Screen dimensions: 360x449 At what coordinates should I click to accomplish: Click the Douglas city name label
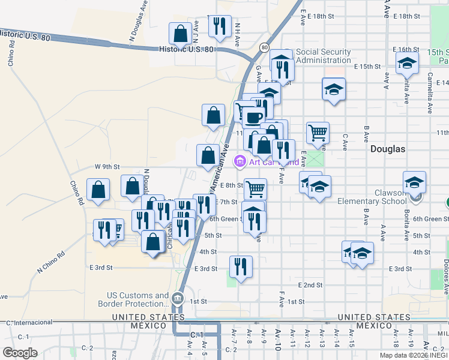click(x=387, y=149)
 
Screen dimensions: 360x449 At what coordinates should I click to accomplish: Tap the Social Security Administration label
click(x=323, y=56)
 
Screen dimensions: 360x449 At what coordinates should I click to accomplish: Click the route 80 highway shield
click(x=264, y=46)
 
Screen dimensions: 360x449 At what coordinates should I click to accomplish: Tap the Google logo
click(x=20, y=353)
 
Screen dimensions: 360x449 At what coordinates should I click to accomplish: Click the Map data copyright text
click(x=414, y=355)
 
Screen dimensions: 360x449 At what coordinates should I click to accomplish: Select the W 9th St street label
click(x=107, y=166)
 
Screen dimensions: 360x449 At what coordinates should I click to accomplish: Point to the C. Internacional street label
click(x=27, y=323)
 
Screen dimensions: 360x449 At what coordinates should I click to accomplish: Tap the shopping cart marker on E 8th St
click(x=256, y=188)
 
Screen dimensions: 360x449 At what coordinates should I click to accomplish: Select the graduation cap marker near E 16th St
click(x=407, y=62)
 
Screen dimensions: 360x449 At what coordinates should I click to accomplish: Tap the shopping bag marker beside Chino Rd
click(x=98, y=190)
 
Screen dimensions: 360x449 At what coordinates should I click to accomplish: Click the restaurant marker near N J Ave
click(x=219, y=26)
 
